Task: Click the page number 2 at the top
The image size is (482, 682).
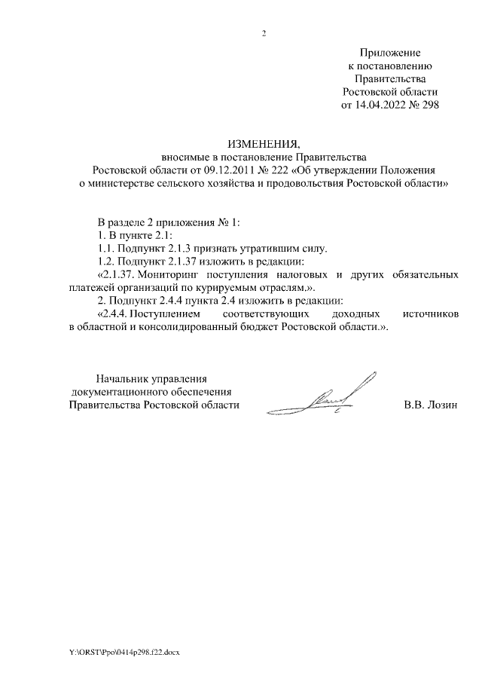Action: tap(264, 32)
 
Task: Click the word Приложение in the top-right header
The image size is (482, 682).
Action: tap(390, 53)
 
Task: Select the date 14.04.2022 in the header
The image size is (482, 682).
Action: tap(381, 105)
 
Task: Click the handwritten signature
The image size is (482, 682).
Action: tap(338, 396)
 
